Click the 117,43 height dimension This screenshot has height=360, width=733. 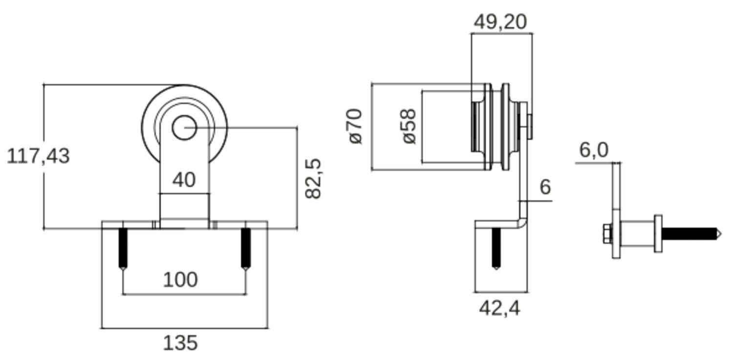point(38,157)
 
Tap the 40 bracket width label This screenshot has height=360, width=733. point(184,180)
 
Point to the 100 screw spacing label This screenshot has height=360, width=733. point(180,280)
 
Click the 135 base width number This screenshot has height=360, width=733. point(180,343)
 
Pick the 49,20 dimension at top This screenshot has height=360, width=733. point(501,21)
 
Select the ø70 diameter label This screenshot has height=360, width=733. point(356,127)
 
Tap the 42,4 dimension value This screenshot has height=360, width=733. point(499,308)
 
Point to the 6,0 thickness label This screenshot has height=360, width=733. point(594,150)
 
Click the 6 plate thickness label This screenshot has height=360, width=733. point(545,187)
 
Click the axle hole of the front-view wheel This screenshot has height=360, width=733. point(184,128)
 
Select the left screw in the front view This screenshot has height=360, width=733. point(123,248)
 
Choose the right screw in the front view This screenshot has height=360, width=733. point(246,248)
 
